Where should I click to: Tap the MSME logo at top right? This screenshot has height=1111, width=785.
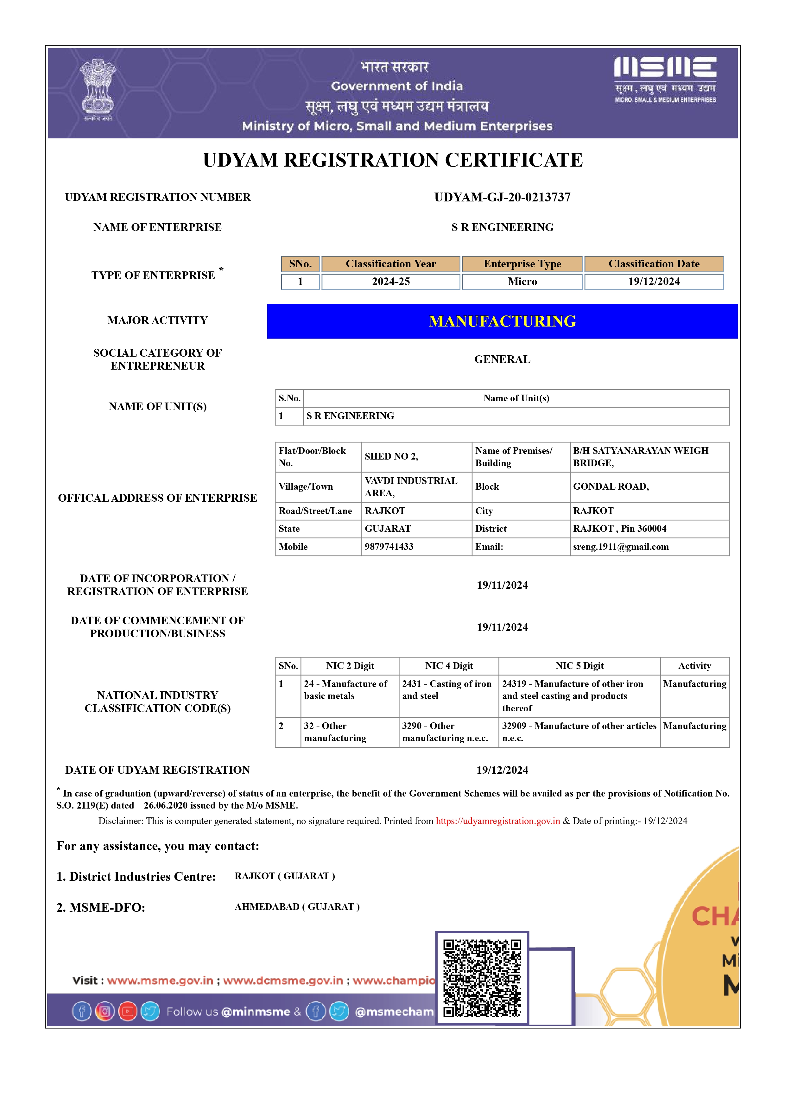665,79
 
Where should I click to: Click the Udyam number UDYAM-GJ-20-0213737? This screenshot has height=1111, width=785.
502,197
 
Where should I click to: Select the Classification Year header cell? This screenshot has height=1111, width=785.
390,264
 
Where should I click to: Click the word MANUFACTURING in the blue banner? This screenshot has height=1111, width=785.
502,321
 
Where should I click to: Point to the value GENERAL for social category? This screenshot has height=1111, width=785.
502,359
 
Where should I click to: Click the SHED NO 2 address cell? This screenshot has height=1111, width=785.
391,456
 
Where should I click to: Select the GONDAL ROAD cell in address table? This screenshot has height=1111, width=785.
611,487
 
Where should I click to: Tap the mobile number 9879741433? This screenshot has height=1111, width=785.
389,547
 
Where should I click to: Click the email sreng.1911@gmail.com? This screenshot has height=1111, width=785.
621,547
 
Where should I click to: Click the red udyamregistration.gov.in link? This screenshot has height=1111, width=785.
498,821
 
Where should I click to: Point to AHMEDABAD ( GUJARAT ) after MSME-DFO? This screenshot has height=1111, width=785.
297,907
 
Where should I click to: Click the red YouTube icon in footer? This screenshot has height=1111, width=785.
128,1011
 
